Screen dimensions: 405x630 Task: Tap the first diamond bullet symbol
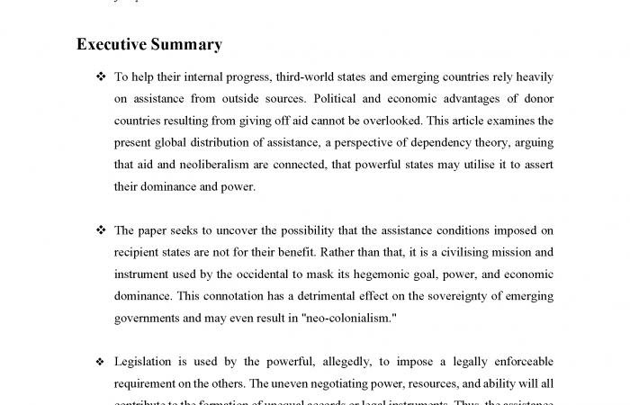tap(101, 77)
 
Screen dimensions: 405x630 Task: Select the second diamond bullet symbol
tap(101, 230)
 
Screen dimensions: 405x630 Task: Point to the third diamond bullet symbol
tap(101, 362)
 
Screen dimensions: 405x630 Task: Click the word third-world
tap(306, 77)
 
